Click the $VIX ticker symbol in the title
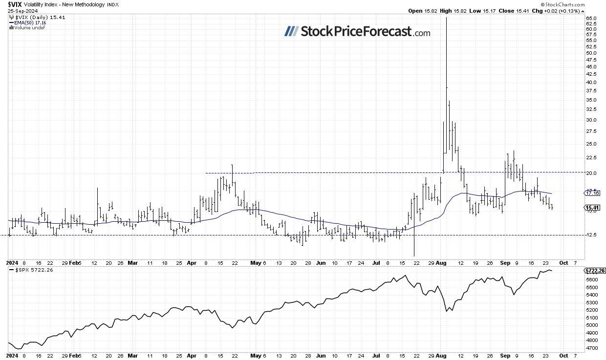[14, 4]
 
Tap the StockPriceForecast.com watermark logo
[357, 32]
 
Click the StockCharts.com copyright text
[582, 4]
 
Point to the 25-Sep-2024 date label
[20, 11]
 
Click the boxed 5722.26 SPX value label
[594, 270]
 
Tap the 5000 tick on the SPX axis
[591, 325]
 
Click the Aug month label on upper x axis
[441, 262]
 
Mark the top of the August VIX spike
[446, 18]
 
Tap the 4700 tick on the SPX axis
[591, 348]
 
